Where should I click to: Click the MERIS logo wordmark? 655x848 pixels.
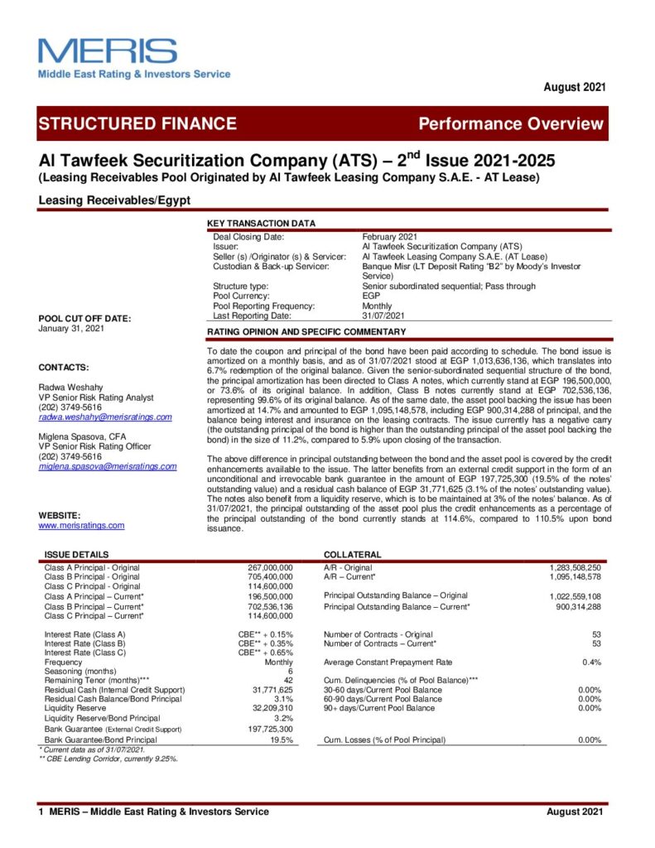(107, 51)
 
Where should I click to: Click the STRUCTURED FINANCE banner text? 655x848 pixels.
(137, 124)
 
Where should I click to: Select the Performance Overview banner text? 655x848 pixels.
(511, 124)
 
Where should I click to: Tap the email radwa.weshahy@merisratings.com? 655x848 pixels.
(105, 417)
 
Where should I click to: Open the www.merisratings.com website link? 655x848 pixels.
(81, 525)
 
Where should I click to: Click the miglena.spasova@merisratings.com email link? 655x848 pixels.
(108, 466)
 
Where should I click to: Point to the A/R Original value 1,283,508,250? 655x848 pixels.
(575, 567)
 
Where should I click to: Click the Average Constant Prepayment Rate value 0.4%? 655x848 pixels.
(591, 662)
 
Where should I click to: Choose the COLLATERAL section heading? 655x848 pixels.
(352, 555)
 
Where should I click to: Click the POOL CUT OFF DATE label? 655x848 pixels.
(84, 319)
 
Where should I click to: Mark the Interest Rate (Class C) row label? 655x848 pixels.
(84, 653)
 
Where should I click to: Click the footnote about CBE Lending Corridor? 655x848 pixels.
(108, 758)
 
